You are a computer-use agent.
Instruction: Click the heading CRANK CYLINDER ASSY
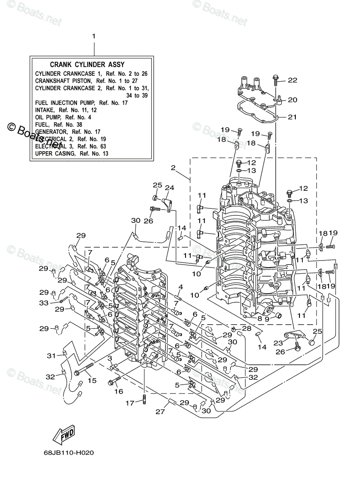click(x=87, y=65)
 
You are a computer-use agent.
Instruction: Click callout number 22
click(x=292, y=80)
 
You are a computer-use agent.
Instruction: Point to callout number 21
click(x=292, y=117)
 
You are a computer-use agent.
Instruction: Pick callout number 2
click(x=173, y=168)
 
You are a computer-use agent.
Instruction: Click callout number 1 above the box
click(x=94, y=36)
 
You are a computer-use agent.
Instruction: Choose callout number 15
click(x=92, y=380)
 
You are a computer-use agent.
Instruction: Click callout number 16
click(x=118, y=391)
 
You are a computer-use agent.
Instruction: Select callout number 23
click(x=278, y=343)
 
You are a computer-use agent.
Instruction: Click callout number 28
click(x=247, y=328)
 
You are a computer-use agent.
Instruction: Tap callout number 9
click(x=267, y=319)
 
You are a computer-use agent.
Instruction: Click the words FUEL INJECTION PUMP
click(x=56, y=103)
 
